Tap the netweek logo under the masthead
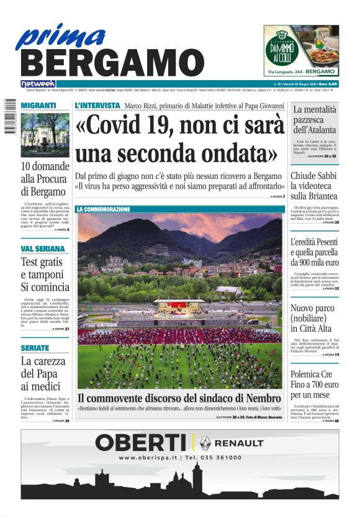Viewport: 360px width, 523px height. pyautogui.click(x=38, y=83)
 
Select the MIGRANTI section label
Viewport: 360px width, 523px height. pyautogui.click(x=38, y=106)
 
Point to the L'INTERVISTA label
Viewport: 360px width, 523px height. pyautogui.click(x=97, y=106)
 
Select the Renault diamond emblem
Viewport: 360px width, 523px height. pyautogui.click(x=205, y=442)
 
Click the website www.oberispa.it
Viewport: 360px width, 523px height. pyautogui.click(x=148, y=458)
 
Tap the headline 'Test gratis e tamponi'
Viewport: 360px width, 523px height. pyautogui.click(x=42, y=274)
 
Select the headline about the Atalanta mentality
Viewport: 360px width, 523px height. pyautogui.click(x=315, y=120)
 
